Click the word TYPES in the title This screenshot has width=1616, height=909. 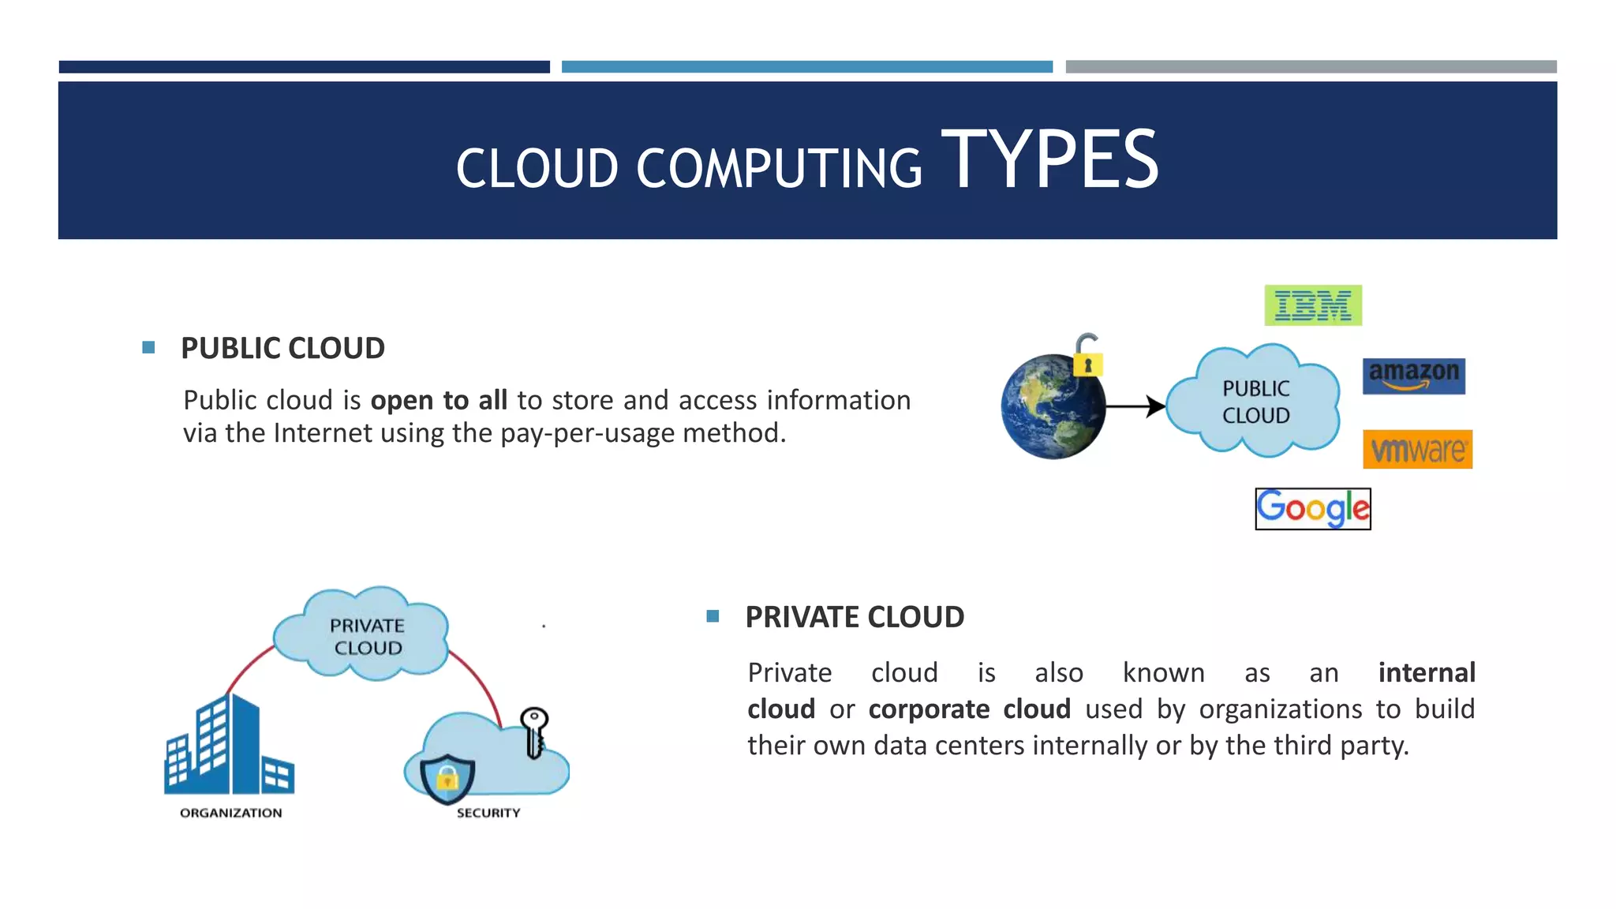coord(1049,160)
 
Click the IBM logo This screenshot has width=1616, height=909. coord(1313,305)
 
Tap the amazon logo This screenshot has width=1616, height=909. coord(1413,376)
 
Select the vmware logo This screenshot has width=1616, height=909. coord(1417,450)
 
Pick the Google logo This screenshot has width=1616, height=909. coord(1313,509)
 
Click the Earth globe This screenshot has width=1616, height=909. coord(1052,407)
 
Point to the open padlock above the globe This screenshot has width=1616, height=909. coord(1087,355)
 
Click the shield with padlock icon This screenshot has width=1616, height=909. coord(447,778)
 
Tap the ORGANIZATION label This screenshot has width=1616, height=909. coord(230,813)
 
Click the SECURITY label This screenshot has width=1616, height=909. coord(488,813)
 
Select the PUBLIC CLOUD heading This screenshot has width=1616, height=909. coord(282,348)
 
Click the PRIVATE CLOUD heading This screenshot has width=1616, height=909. coord(855,617)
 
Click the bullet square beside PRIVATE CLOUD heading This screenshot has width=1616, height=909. coord(713,616)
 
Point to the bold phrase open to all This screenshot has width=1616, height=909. coord(439,401)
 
